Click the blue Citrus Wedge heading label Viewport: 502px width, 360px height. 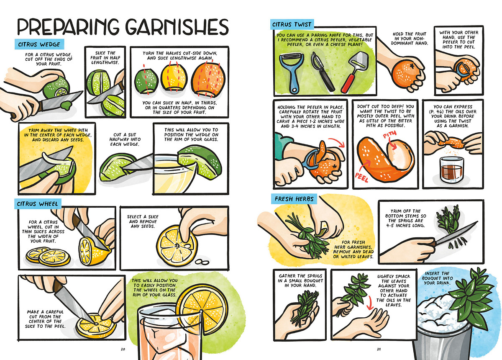pyautogui.click(x=39, y=44)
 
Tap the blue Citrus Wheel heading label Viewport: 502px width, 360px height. pyautogui.click(x=38, y=204)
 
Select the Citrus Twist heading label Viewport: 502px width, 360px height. pyautogui.click(x=292, y=24)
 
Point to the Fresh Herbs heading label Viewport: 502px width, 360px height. pyautogui.click(x=294, y=199)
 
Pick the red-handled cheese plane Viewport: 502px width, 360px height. pyautogui.click(x=353, y=72)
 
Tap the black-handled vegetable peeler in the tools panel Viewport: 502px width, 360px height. pyautogui.click(x=322, y=71)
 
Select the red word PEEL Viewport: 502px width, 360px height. pyautogui.click(x=361, y=177)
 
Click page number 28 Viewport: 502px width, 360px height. pyautogui.click(x=123, y=349)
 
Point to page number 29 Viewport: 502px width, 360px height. pyautogui.click(x=379, y=349)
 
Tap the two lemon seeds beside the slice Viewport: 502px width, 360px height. pyautogui.click(x=202, y=262)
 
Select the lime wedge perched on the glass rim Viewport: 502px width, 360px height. pyautogui.click(x=200, y=162)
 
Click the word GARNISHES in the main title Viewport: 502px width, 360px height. pyautogui.click(x=177, y=27)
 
